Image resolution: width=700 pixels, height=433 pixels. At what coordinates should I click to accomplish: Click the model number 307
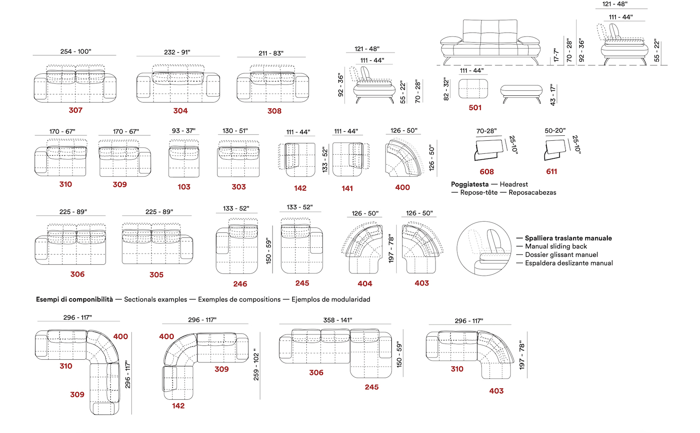click(76, 110)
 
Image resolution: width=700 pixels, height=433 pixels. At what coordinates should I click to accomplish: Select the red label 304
click(180, 111)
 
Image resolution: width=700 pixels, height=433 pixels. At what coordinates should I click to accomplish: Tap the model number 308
click(274, 111)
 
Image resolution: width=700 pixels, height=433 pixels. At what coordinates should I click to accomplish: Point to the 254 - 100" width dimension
click(76, 51)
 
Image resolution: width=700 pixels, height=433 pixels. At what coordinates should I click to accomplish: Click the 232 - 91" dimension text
click(177, 52)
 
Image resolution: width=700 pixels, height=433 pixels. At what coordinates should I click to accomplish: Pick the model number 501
click(475, 108)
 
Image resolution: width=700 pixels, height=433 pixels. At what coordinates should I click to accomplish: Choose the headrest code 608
click(487, 172)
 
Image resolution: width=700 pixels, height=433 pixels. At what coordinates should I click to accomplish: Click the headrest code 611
click(552, 171)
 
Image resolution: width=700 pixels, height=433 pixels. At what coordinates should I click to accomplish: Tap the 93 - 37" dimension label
click(184, 131)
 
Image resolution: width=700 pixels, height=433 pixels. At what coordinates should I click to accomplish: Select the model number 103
click(184, 187)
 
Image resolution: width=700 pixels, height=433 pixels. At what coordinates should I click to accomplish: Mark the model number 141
click(347, 188)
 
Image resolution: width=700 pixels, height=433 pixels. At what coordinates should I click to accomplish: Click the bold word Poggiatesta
click(470, 184)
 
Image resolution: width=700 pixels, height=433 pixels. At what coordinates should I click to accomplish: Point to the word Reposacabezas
click(532, 192)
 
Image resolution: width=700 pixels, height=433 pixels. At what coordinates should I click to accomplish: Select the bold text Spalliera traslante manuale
click(568, 238)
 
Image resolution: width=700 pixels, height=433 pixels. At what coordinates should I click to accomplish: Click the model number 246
click(240, 284)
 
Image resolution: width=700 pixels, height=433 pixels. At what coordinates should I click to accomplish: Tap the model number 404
click(365, 284)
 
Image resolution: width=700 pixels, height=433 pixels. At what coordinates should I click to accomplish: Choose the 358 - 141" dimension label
click(337, 320)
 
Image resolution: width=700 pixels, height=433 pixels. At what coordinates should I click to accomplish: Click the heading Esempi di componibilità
click(75, 299)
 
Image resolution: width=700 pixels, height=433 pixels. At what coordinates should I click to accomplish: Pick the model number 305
click(157, 275)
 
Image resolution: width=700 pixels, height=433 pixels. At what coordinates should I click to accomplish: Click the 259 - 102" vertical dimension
click(256, 365)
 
